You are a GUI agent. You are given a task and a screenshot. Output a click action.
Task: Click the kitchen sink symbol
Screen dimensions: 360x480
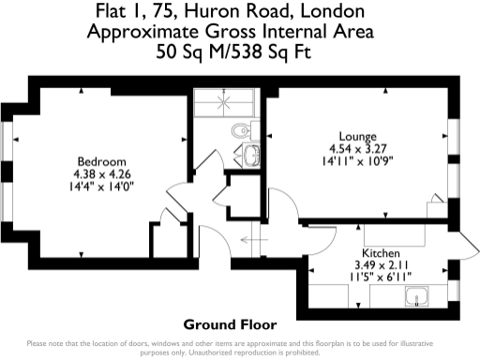(415, 298)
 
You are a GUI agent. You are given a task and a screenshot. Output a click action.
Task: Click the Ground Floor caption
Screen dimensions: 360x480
(230, 325)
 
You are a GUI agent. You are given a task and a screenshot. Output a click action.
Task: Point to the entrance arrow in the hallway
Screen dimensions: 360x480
(248, 240)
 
